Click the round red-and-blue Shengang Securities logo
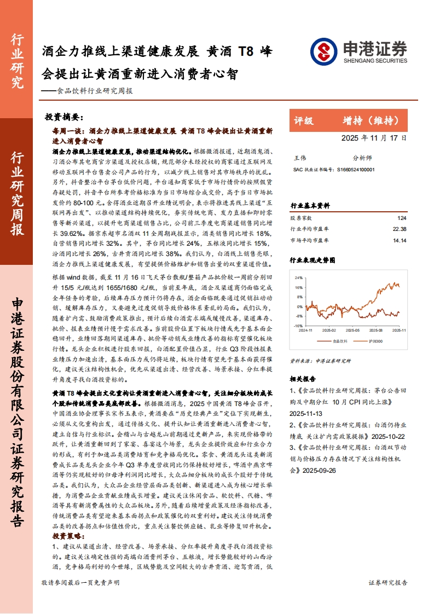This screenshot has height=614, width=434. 323,51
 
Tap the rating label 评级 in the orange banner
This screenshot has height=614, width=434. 304,120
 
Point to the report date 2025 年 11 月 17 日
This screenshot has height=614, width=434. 374,138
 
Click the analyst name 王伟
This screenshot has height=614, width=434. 300,157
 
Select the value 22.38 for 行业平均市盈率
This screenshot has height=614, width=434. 399,229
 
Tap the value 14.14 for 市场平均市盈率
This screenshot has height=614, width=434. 399,240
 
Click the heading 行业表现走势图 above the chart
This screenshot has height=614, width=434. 310,260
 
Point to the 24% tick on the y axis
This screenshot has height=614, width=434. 299,277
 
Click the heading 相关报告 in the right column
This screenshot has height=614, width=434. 302,378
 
